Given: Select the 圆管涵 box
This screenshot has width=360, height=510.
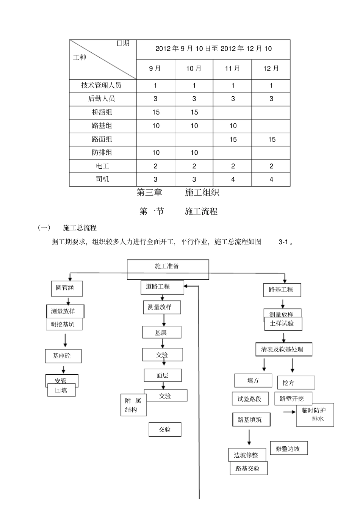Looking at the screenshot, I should [67, 288].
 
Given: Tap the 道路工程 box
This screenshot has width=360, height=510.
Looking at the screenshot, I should [162, 287].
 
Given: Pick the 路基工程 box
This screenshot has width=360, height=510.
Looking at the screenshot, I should [282, 290].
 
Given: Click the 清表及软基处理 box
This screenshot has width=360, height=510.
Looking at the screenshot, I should [284, 350].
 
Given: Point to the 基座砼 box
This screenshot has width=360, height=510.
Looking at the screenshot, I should [63, 356].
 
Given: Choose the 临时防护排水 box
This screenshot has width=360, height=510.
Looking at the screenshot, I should [315, 415].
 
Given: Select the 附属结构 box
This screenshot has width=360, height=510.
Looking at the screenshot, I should [133, 405].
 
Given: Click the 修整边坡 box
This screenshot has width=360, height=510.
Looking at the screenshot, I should [289, 448].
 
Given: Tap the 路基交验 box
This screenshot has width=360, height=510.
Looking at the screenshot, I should [248, 468].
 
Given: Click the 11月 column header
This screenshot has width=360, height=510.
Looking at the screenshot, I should [232, 69].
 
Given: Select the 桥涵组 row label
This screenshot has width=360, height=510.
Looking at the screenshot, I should [102, 112].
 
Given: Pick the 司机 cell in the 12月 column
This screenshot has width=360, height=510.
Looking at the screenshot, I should [271, 179].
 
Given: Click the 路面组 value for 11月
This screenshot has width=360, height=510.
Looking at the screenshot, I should [232, 140].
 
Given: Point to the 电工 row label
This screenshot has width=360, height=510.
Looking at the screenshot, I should [102, 166].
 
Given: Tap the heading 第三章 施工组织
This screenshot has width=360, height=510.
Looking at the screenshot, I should [178, 193].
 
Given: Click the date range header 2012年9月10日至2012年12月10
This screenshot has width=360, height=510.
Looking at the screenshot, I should [213, 49].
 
